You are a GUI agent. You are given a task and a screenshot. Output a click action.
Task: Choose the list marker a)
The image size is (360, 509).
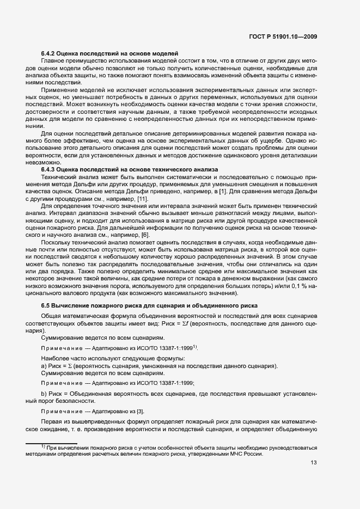point(45,365)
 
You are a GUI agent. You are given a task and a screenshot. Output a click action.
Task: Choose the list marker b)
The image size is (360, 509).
point(45,393)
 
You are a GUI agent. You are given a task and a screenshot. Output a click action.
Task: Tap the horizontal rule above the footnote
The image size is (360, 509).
point(52,443)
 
